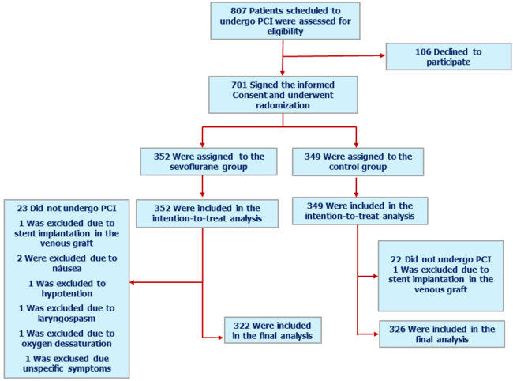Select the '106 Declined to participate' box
click(437, 57)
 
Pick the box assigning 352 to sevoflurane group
click(203, 162)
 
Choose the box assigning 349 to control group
click(357, 162)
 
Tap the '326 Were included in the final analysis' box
click(441, 334)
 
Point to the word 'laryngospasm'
click(67, 319)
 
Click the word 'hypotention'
click(66, 292)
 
